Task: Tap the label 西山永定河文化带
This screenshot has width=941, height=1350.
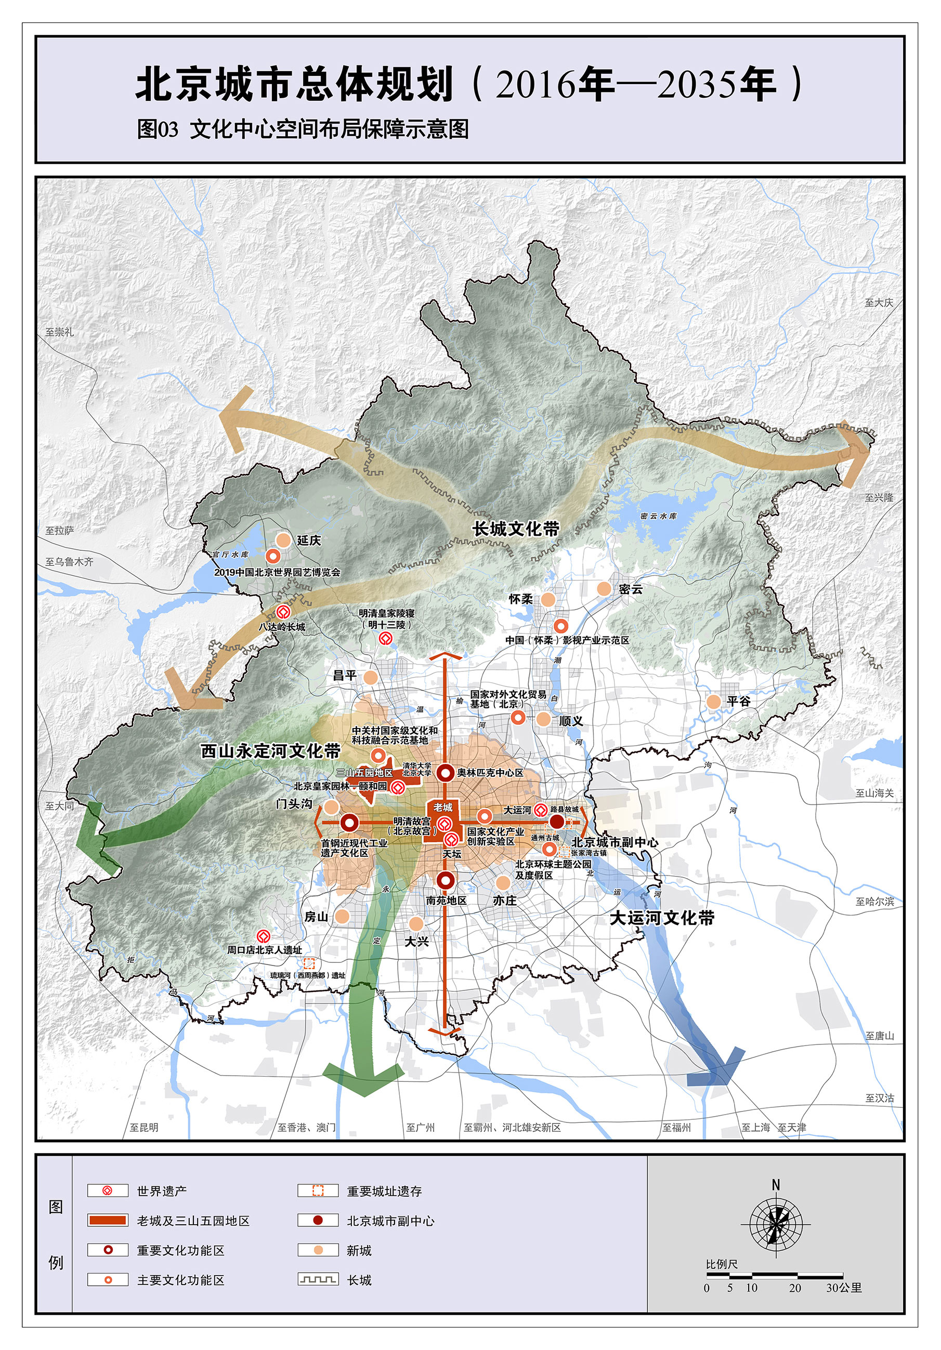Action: [x=270, y=751]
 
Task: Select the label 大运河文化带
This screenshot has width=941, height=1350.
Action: [x=662, y=918]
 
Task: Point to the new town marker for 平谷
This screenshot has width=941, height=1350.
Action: [x=713, y=702]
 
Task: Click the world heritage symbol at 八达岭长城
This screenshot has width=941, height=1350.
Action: [x=283, y=612]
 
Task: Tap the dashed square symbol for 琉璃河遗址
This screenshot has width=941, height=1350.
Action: [x=309, y=963]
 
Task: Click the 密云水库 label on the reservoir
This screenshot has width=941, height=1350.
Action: [x=659, y=516]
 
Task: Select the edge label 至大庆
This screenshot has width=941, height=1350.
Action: [x=879, y=303]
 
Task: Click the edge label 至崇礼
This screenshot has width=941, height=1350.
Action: [x=60, y=332]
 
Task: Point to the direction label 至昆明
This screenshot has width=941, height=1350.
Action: [x=144, y=1127]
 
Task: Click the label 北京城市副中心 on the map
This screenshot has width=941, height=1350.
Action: [x=615, y=842]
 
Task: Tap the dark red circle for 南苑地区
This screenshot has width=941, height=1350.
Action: [x=446, y=880]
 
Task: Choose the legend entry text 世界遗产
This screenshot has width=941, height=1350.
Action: [x=162, y=1191]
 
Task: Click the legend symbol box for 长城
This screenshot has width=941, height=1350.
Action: [x=318, y=1279]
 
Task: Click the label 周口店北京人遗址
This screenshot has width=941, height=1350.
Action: [x=265, y=949]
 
